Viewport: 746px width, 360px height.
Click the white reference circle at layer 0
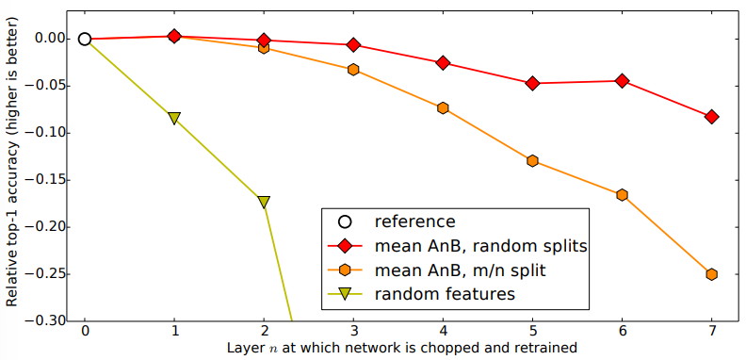[x=85, y=39]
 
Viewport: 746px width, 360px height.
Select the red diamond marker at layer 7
[x=712, y=117]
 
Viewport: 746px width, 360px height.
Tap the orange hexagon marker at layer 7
[x=712, y=274]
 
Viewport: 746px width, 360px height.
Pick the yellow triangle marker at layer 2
[x=264, y=202]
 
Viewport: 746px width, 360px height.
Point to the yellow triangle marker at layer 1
[x=174, y=118]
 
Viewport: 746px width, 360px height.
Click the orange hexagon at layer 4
[x=443, y=108]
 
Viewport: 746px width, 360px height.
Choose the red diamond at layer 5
[x=533, y=83]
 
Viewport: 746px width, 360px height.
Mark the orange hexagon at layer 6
[x=623, y=195]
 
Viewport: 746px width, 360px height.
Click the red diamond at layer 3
[x=353, y=44]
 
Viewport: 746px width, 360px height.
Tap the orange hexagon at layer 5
[x=533, y=160]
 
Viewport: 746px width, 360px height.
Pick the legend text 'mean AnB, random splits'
[x=480, y=246]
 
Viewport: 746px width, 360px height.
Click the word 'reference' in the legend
[x=414, y=221]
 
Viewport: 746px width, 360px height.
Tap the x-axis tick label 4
[x=443, y=331]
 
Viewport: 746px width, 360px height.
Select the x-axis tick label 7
[x=712, y=331]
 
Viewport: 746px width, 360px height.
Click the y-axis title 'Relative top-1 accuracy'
[x=12, y=161]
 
